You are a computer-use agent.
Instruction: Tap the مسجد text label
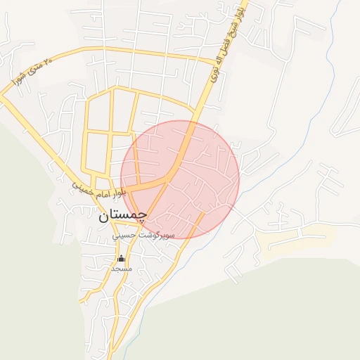pos(121,269)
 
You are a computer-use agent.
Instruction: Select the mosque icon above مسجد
pos(121,258)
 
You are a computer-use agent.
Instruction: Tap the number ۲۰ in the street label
pos(48,62)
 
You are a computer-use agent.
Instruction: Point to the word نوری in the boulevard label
pos(214,70)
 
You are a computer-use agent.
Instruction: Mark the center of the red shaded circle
pos(180,179)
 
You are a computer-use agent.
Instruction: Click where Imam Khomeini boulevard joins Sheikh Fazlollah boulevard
pos(171,180)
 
